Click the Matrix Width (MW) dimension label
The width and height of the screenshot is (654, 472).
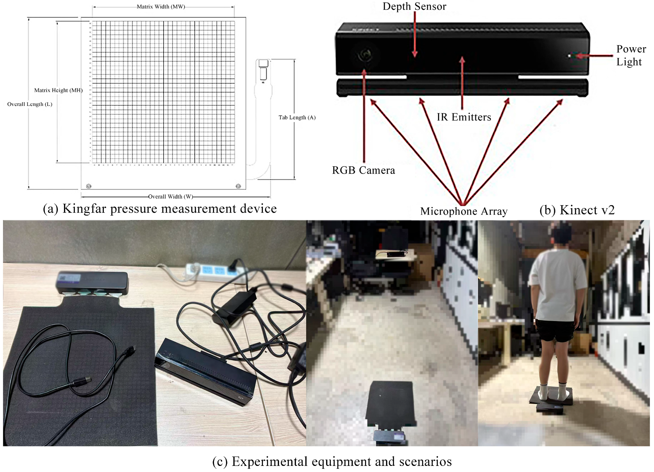click(x=161, y=7)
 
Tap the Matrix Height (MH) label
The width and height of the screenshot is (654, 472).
click(x=58, y=90)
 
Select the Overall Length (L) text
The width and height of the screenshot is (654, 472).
click(x=30, y=104)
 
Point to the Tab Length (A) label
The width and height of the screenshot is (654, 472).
click(x=297, y=118)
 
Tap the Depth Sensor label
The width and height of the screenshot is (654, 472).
click(x=414, y=6)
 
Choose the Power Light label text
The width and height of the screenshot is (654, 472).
click(x=631, y=55)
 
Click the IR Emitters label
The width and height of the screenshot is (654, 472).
click(x=463, y=117)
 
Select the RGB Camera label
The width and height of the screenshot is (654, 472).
click(x=363, y=170)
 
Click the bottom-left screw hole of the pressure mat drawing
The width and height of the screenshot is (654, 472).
click(x=89, y=186)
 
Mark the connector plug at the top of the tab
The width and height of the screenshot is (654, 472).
click(x=263, y=69)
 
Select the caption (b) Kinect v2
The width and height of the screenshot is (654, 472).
click(x=577, y=210)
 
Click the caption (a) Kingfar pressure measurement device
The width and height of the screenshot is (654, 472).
click(x=160, y=209)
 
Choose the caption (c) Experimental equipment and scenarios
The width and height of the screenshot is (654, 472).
click(x=332, y=461)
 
